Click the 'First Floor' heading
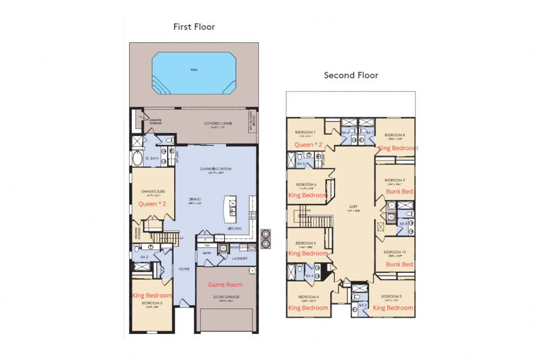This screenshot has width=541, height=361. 194,27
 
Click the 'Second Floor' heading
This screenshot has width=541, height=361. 351,75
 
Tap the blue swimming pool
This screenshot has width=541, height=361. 194,73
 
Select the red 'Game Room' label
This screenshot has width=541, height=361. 225,285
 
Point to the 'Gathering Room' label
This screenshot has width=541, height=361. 216,169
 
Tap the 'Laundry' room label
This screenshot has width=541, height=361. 239,258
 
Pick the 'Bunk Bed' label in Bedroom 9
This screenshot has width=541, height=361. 399,192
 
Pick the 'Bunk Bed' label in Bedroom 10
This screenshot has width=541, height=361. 399,264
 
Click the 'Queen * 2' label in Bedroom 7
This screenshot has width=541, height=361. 308,145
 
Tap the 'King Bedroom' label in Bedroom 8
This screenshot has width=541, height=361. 398,148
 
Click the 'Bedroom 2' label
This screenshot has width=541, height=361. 391,297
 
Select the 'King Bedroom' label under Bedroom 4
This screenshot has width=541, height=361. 308,307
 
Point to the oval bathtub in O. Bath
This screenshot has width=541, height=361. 136,160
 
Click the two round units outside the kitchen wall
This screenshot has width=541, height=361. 266,239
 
